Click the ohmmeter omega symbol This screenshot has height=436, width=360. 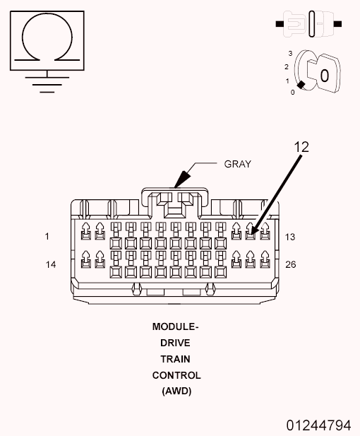tap(47, 40)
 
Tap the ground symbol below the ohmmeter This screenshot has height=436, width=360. tap(47, 81)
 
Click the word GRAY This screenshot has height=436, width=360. tap(237, 164)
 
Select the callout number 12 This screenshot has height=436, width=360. tap(301, 148)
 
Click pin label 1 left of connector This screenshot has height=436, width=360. tap(47, 237)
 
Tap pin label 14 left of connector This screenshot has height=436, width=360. tap(50, 264)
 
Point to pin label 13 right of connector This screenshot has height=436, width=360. tap(289, 237)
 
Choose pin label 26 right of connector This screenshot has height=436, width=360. tap(290, 264)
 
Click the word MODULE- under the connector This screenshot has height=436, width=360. tap(176, 327)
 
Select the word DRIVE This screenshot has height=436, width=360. tap(176, 343)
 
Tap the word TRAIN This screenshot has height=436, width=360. tap(176, 359)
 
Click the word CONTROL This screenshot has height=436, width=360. tap(176, 375)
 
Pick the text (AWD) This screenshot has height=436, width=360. tap(176, 391)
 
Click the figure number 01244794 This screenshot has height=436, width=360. tap(318, 425)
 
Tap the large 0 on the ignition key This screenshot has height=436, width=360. tap(324, 74)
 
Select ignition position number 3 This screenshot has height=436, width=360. tap(290, 54)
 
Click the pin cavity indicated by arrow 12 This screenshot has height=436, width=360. tap(250, 232)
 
